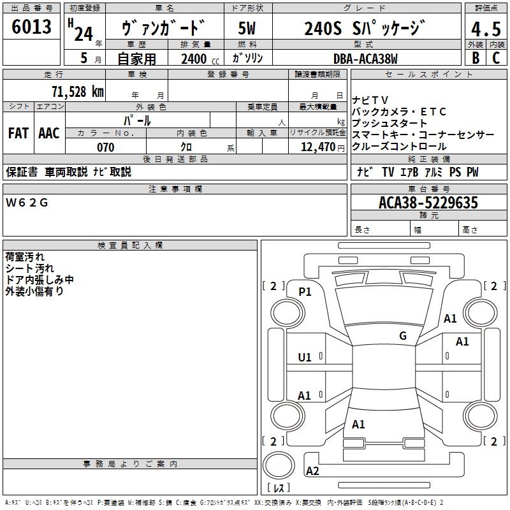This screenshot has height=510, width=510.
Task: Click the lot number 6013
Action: (x=32, y=27)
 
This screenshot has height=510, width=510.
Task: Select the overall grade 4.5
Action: (x=486, y=30)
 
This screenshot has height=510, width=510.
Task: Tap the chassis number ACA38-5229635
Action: (x=428, y=203)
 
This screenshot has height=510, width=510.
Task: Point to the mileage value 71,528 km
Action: (x=78, y=92)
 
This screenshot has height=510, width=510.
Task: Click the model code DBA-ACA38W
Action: (x=365, y=59)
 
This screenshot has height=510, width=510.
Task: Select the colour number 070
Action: (x=105, y=147)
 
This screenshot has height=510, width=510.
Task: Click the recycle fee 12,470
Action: (x=317, y=147)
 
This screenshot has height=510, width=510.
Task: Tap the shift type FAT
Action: (x=18, y=133)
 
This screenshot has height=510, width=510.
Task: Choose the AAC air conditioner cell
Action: (x=49, y=133)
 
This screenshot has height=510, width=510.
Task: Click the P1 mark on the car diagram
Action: (x=305, y=291)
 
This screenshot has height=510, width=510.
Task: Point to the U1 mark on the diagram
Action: (x=305, y=358)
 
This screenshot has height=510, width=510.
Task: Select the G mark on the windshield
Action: (x=403, y=335)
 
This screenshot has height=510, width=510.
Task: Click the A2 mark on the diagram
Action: (x=312, y=471)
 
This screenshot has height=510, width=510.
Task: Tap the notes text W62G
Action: (x=27, y=203)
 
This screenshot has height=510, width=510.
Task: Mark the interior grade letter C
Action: (x=496, y=58)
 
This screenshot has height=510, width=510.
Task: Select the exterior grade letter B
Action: (x=475, y=58)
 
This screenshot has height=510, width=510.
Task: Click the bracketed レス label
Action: (x=279, y=489)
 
